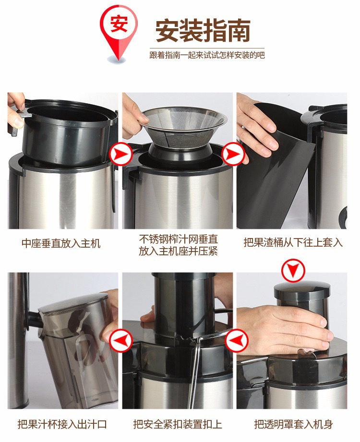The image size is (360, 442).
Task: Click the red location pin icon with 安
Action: (x=119, y=31)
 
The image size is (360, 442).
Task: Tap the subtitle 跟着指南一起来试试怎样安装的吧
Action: (x=207, y=55)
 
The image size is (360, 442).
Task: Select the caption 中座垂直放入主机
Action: (x=61, y=243)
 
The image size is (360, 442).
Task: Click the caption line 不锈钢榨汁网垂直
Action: (x=178, y=239)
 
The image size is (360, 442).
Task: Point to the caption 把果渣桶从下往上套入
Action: (x=293, y=242)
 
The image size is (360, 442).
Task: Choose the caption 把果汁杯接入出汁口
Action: (x=62, y=424)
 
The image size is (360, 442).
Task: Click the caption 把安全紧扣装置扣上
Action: (x=178, y=424)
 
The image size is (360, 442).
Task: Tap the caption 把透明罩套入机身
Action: (x=293, y=424)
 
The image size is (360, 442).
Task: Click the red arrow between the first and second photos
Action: (x=120, y=154)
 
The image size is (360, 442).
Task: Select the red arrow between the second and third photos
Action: (x=233, y=154)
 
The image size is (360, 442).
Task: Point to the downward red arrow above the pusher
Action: (x=293, y=271)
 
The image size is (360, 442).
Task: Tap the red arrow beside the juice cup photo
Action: (x=120, y=341)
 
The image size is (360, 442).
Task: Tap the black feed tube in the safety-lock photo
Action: (x=185, y=304)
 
